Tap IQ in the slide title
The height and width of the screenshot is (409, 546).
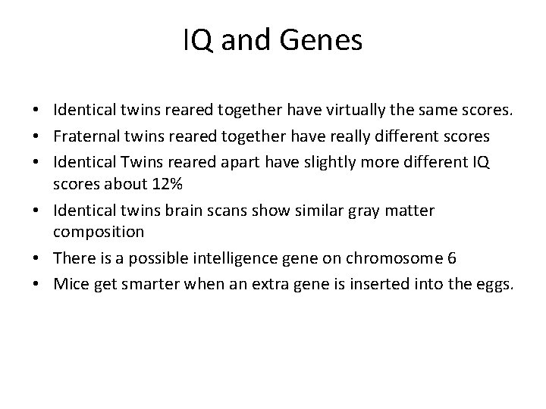[x=198, y=41]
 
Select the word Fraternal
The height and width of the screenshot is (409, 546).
[x=83, y=136]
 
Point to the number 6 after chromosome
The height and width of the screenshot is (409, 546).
[x=452, y=258]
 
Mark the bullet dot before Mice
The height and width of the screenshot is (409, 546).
[x=36, y=285]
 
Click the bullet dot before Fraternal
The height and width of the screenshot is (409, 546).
[x=36, y=137]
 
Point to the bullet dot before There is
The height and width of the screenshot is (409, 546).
[x=36, y=258]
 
